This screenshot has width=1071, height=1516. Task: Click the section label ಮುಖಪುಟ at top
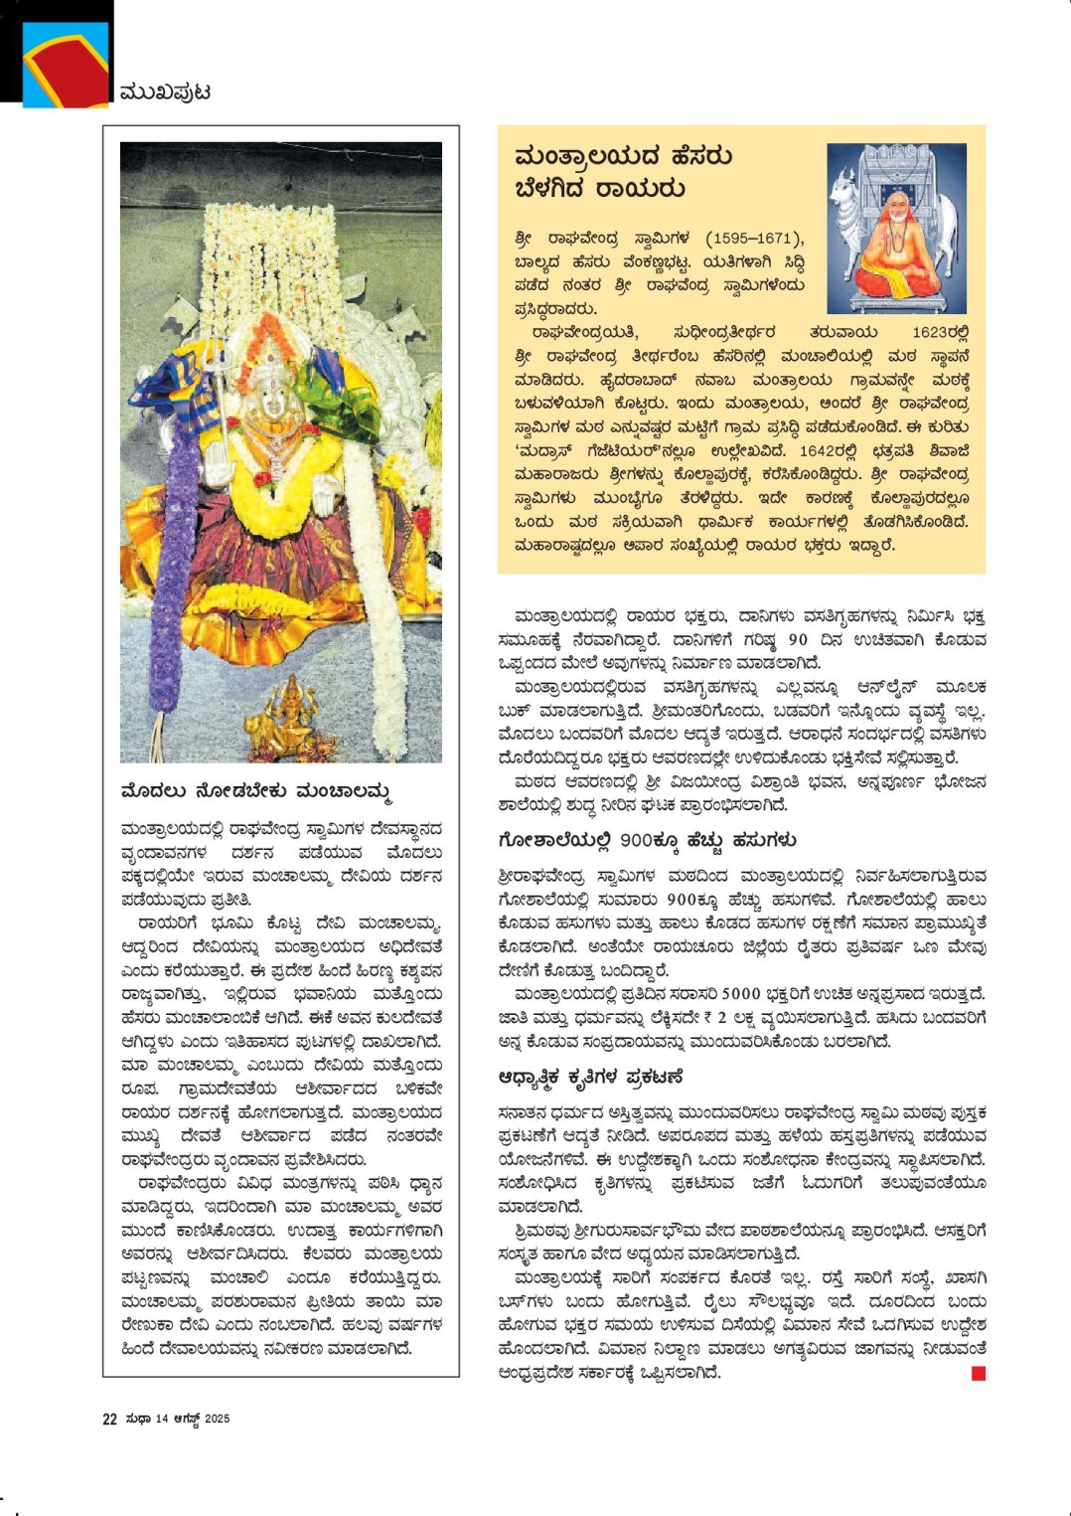tap(165, 92)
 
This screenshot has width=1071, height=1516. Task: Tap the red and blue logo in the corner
tap(65, 64)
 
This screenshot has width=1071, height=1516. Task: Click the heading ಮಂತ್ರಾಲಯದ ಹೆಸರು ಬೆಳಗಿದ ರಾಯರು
tap(623, 171)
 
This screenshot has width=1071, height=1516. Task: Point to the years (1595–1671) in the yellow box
tap(754, 239)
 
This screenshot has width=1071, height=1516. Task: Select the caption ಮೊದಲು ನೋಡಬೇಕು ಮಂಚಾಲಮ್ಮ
tap(255, 792)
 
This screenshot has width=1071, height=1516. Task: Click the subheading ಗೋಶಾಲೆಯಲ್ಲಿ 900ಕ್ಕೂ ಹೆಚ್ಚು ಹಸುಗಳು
tap(647, 840)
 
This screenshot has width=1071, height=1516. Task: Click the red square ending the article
tap(979, 1373)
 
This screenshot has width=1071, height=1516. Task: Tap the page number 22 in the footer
tap(109, 1419)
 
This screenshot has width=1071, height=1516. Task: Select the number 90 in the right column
tap(798, 639)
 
